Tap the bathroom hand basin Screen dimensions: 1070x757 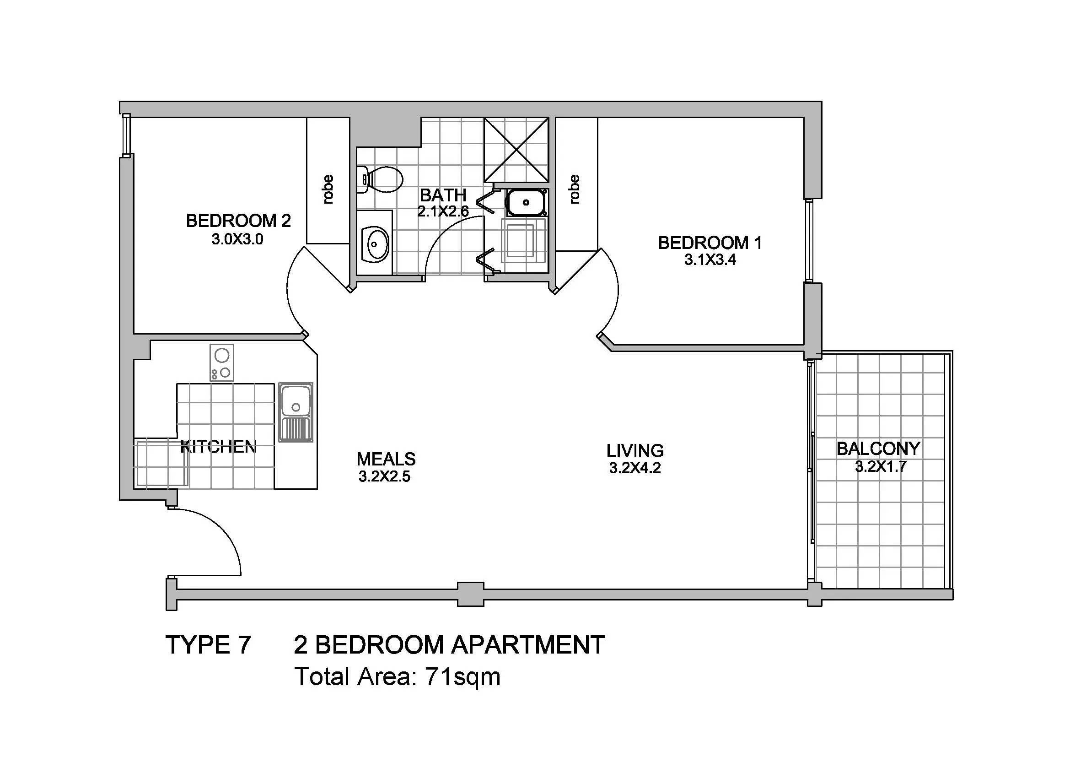point(376,243)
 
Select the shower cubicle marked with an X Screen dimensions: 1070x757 point(516,150)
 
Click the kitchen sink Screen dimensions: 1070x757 point(296,412)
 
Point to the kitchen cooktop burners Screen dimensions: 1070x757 point(222,362)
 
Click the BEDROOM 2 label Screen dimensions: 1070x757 point(238,221)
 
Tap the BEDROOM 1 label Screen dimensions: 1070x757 point(710,243)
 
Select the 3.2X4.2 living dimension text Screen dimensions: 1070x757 point(635,468)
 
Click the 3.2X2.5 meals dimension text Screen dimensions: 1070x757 point(384,477)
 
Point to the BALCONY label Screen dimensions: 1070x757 point(878,449)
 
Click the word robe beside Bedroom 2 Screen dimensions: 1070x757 point(328,189)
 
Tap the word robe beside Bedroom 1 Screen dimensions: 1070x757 point(574,189)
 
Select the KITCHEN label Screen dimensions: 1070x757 point(218,447)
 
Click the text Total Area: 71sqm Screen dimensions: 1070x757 point(398,677)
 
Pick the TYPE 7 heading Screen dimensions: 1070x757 point(208,645)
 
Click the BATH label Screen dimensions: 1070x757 point(443,195)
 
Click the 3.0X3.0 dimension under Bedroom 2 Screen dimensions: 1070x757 point(238,239)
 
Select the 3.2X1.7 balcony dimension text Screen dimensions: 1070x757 point(881,466)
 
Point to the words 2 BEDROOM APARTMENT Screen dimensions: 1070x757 point(449,645)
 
